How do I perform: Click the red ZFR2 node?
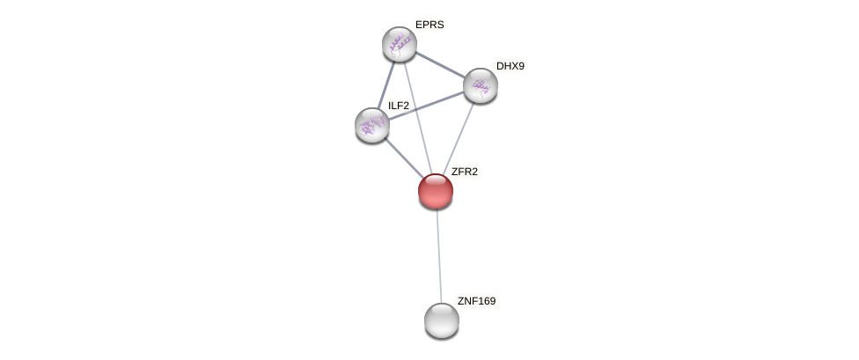pos(435,191)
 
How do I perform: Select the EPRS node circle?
pos(399,44)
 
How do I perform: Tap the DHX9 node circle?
pos(480,85)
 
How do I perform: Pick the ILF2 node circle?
pos(371,125)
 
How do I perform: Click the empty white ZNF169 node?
pos(441,320)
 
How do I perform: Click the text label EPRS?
pos(429,25)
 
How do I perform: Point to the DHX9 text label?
pos(510,66)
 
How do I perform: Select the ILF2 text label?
pos(399,106)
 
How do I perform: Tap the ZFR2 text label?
pos(464,172)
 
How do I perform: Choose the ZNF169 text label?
pos(476,301)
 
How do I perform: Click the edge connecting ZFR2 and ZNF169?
pos(438,255)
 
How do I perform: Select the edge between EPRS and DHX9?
pos(439,64)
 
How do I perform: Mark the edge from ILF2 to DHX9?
pos(426,105)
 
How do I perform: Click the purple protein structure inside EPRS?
pos(399,42)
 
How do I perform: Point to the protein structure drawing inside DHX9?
pos(480,85)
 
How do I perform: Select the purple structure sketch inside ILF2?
pos(371,124)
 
